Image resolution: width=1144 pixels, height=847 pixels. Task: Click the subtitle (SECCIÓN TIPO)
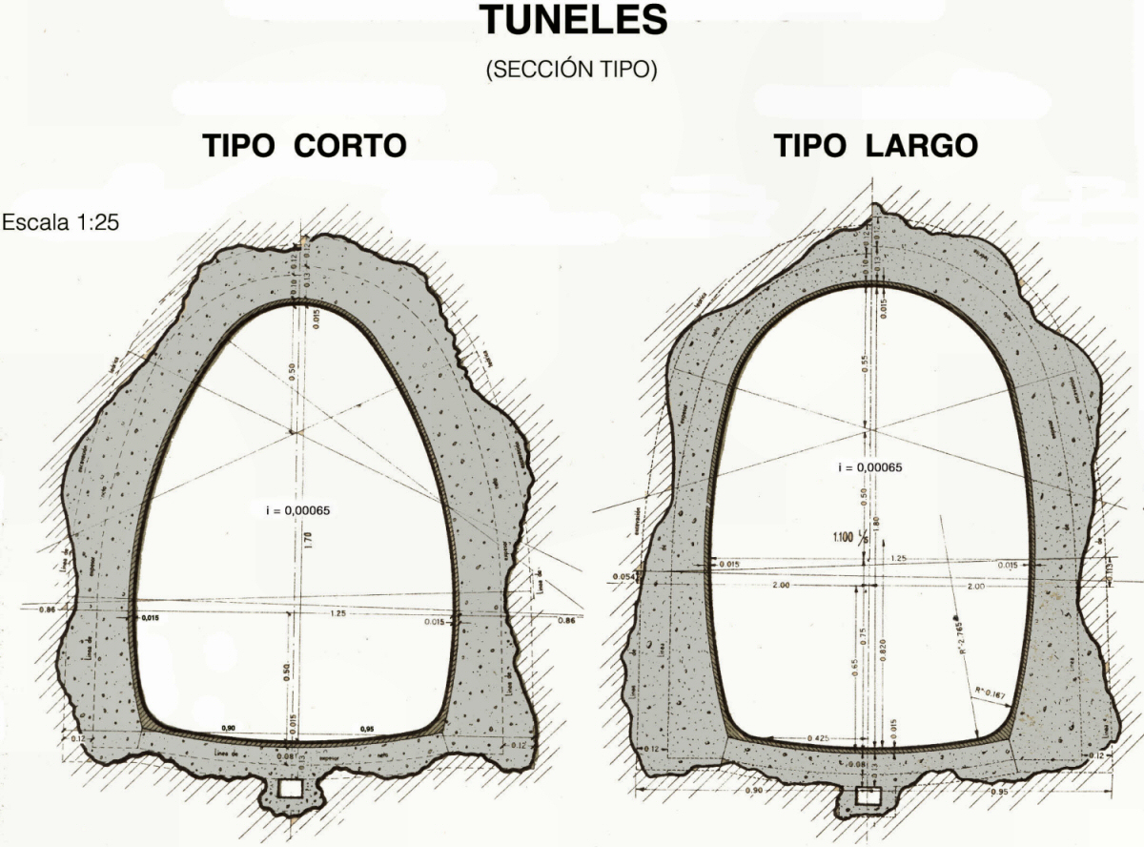click(571, 71)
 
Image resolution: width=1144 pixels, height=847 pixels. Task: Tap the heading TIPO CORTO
click(305, 146)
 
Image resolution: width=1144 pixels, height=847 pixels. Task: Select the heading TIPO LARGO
click(875, 146)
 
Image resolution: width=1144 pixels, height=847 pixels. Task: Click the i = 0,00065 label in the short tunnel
click(297, 510)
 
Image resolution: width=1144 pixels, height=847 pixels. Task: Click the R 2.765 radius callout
click(955, 633)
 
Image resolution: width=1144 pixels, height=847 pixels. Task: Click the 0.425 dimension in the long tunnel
click(816, 738)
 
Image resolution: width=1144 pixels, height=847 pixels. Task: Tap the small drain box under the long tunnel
click(867, 795)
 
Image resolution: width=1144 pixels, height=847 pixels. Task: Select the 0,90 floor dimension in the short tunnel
click(229, 729)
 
